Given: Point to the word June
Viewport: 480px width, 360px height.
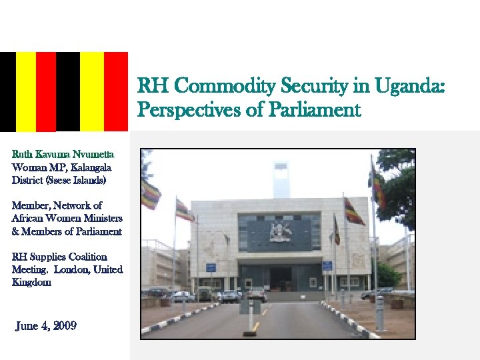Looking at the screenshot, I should tap(27, 326).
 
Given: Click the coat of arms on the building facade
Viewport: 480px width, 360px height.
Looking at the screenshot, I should tap(280, 231).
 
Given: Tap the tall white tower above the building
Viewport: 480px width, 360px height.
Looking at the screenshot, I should tap(281, 179).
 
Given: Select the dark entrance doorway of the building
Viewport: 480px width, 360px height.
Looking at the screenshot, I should tap(279, 277).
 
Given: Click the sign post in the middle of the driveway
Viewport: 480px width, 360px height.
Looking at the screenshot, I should tap(250, 313).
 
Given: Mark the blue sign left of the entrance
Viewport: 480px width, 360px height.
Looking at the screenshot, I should tap(211, 267).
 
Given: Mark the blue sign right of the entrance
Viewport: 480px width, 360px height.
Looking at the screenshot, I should tap(327, 265).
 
